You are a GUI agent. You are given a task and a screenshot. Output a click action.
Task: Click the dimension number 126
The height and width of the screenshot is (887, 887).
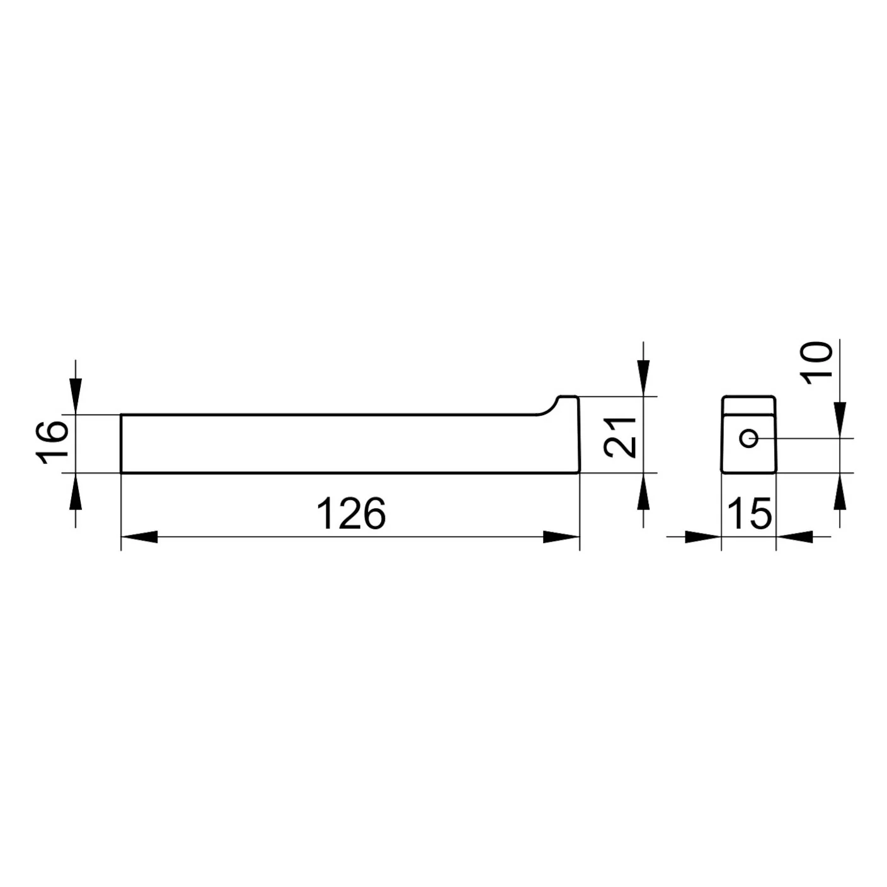[352, 513]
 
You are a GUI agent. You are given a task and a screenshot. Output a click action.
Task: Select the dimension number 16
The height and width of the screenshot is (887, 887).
[52, 442]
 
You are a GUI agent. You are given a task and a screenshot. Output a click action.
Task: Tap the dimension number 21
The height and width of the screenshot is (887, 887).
[619, 438]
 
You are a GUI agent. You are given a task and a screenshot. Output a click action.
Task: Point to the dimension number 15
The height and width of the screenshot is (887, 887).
[750, 513]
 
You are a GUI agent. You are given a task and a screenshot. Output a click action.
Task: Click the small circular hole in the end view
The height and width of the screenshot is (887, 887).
[749, 438]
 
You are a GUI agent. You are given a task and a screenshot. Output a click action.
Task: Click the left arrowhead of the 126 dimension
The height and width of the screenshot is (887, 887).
[139, 537]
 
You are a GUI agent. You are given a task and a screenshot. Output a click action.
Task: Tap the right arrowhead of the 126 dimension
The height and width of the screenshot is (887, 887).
[561, 537]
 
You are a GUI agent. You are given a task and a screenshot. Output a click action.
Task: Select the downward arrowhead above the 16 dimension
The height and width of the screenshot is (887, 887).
[76, 396]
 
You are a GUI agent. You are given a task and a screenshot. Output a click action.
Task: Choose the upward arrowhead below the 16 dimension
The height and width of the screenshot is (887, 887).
[76, 491]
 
